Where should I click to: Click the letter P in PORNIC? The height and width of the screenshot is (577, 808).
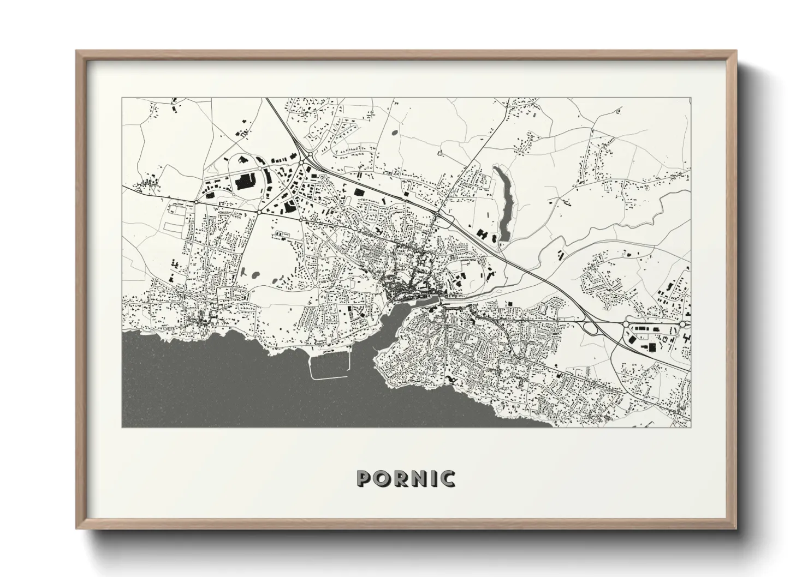pos(364,479)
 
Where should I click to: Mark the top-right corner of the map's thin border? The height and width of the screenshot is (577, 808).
pos(690,98)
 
